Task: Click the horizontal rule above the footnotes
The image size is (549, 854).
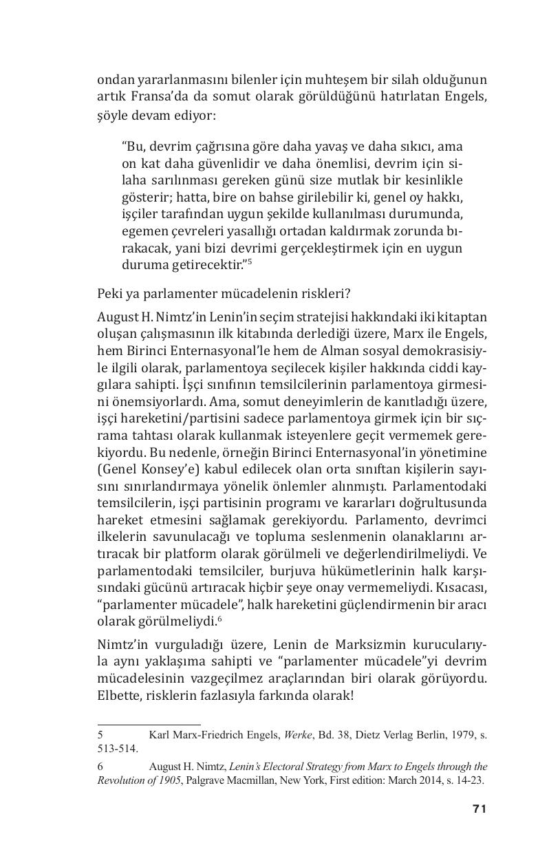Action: coord(149,724)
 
